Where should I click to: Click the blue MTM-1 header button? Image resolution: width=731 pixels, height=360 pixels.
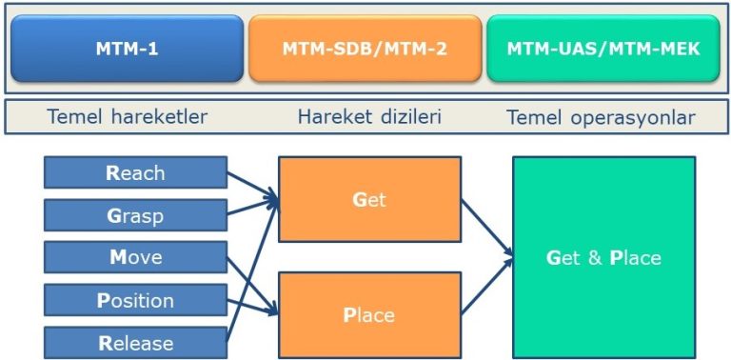(x=127, y=48)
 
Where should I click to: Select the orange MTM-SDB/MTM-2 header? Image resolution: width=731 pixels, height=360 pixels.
(x=364, y=48)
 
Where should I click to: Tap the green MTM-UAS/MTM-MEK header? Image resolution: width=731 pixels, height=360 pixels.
(x=603, y=48)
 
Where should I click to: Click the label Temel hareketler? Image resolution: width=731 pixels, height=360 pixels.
(x=127, y=118)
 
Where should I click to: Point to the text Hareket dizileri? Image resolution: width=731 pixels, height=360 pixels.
(x=364, y=118)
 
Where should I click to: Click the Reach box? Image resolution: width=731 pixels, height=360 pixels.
(x=135, y=173)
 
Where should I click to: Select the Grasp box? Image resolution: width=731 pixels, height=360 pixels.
(x=135, y=216)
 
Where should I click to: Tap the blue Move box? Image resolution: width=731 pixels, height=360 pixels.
(x=135, y=258)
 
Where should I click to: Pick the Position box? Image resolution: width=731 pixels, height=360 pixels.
(x=135, y=301)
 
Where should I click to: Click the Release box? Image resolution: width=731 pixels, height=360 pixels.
(x=135, y=343)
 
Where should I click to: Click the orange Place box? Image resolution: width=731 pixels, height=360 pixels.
(x=369, y=314)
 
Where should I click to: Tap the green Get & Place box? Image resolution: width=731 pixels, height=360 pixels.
(x=603, y=258)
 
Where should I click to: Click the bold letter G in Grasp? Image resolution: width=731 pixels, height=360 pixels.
(x=112, y=216)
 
